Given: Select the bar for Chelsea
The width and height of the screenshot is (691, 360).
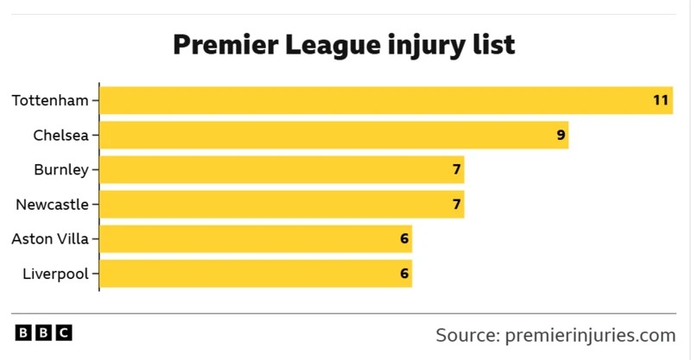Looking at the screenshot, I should pyautogui.click(x=333, y=135).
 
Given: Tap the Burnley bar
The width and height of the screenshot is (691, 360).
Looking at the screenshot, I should pyautogui.click(x=282, y=169).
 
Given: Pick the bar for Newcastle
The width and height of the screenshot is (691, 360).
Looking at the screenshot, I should pyautogui.click(x=282, y=205).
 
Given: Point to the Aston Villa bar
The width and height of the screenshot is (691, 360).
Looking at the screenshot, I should pyautogui.click(x=256, y=239).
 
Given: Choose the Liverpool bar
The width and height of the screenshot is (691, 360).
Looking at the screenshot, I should pyautogui.click(x=256, y=274).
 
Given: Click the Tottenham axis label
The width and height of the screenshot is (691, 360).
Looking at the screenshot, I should pyautogui.click(x=50, y=100).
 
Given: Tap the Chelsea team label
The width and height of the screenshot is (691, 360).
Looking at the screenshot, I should pyautogui.click(x=60, y=135).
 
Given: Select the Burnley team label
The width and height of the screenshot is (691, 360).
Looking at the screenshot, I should pyautogui.click(x=60, y=169).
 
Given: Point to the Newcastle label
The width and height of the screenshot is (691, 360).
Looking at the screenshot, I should pyautogui.click(x=52, y=205).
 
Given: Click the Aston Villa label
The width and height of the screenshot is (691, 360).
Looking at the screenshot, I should pyautogui.click(x=50, y=239).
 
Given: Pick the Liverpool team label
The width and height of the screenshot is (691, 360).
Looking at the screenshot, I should pyautogui.click(x=55, y=274).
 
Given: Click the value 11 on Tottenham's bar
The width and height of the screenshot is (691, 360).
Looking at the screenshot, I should pyautogui.click(x=661, y=100).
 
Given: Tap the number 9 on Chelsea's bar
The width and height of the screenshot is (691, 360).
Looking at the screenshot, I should pyautogui.click(x=561, y=135).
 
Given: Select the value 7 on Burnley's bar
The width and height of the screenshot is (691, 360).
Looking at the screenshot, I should pyautogui.click(x=456, y=169).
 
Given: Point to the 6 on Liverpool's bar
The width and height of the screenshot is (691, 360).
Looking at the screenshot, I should pyautogui.click(x=404, y=274).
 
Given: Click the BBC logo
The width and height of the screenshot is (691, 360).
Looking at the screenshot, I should pyautogui.click(x=43, y=332).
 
